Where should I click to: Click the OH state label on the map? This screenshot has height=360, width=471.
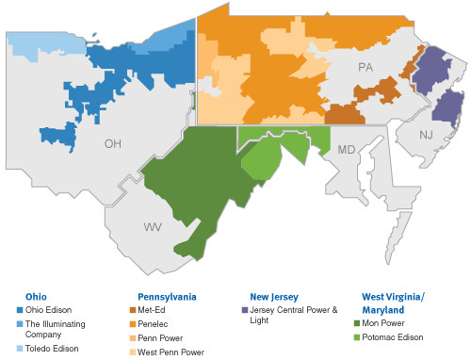click(113, 145)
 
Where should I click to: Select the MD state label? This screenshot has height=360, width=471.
click(346, 149)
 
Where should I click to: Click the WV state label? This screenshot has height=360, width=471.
click(152, 227)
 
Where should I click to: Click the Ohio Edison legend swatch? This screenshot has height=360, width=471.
click(19, 309)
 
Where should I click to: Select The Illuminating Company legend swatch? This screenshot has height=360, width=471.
click(19, 323)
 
